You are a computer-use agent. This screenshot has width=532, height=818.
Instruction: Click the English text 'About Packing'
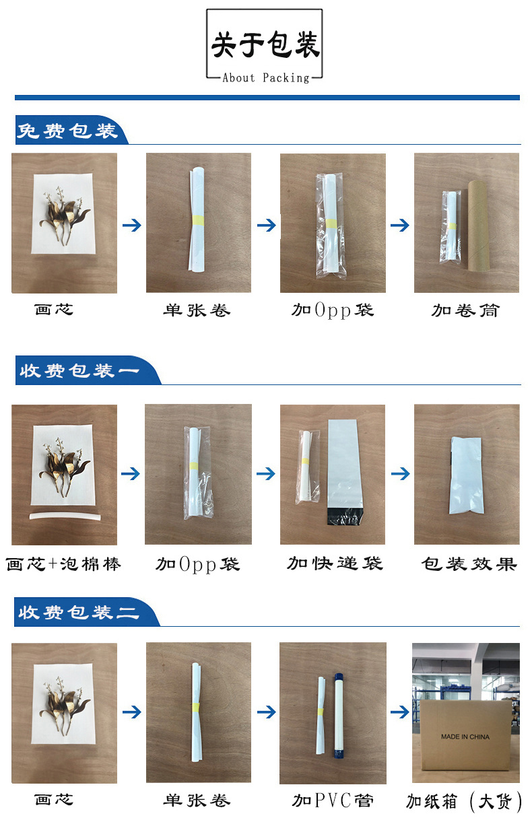[265, 78]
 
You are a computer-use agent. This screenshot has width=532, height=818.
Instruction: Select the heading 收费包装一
[79, 371]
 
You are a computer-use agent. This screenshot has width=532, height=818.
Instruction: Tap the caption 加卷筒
[465, 310]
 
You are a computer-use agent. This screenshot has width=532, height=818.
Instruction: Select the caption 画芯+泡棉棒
[64, 564]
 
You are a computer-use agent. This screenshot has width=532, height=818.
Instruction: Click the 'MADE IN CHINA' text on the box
[465, 737]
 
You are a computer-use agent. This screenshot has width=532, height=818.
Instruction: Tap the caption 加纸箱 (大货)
[465, 801]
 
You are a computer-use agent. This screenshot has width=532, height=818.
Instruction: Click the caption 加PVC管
[333, 800]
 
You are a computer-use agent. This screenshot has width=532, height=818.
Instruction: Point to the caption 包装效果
[469, 564]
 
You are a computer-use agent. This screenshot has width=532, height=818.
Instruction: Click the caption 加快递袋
[335, 564]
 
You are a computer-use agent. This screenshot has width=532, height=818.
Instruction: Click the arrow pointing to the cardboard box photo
[399, 712]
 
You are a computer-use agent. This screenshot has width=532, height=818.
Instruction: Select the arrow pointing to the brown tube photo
[399, 225]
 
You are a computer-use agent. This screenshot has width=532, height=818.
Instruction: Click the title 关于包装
[265, 45]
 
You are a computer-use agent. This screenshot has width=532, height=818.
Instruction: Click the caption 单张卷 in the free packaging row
[197, 310]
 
